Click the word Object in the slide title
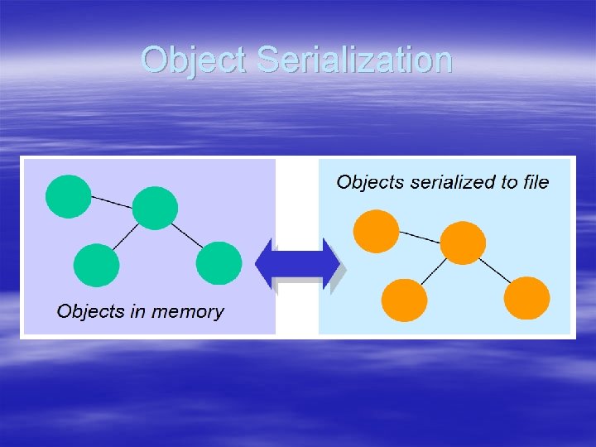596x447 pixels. click(x=194, y=60)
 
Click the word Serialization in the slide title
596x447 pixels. click(x=354, y=60)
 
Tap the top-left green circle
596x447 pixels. click(x=68, y=196)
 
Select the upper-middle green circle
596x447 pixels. click(x=155, y=208)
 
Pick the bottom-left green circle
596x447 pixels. click(x=96, y=265)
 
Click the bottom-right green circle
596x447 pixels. click(x=219, y=263)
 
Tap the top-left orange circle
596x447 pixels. click(x=376, y=231)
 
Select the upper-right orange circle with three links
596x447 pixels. click(x=462, y=243)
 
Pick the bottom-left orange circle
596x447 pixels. click(x=404, y=300)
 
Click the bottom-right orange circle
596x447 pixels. click(x=526, y=298)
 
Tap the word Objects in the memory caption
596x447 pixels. click(x=86, y=311)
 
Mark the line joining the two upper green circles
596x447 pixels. click(x=112, y=201)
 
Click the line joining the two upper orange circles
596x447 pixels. click(x=419, y=237)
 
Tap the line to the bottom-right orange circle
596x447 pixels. click(x=495, y=270)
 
